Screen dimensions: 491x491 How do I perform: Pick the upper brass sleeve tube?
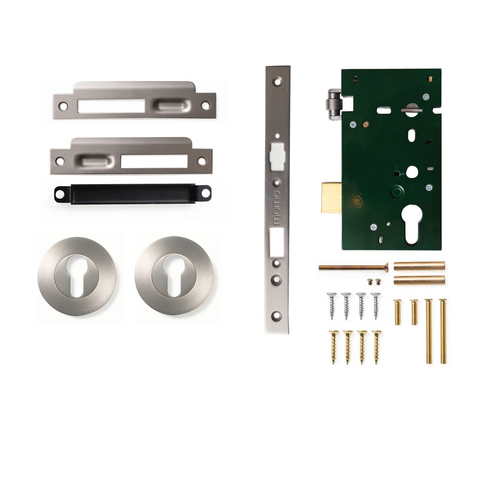tap(419, 266)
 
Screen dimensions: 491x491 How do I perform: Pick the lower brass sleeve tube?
tap(419, 280)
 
